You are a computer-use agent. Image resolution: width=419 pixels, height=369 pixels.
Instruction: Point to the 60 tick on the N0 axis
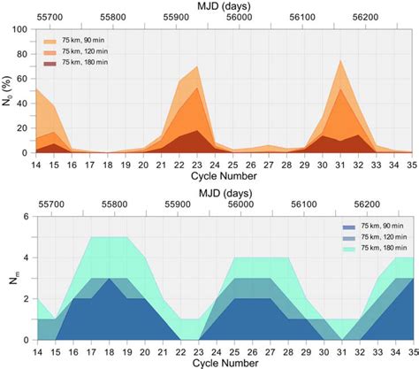(20, 79)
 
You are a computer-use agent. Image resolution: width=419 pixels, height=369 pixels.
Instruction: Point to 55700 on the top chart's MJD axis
(58, 18)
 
